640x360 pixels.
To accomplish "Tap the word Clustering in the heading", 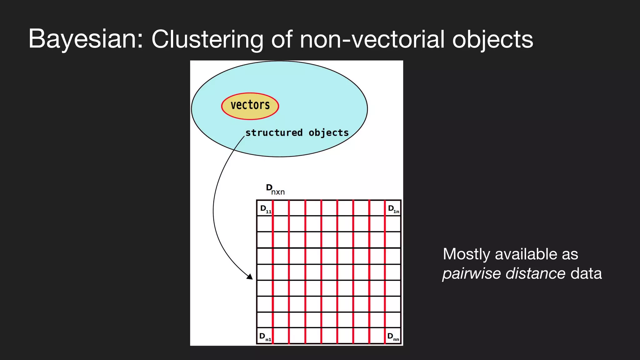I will click(x=207, y=39).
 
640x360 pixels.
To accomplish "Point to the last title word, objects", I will click(x=492, y=39).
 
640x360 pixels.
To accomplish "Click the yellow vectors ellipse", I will click(x=250, y=106).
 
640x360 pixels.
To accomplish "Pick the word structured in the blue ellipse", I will click(x=274, y=133).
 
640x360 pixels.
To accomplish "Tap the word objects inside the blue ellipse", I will click(x=328, y=133).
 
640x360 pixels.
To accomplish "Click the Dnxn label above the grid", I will click(x=275, y=189).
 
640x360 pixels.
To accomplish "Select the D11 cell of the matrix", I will click(x=265, y=208).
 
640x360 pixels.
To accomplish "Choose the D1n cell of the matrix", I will click(x=393, y=208).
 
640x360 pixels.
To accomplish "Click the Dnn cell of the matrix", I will click(x=393, y=336).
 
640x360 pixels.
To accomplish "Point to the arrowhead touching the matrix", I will click(x=250, y=277).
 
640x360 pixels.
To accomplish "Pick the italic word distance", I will click(x=535, y=273).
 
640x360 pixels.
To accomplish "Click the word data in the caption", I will click(x=586, y=273).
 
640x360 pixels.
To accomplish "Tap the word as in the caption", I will click(x=570, y=254).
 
